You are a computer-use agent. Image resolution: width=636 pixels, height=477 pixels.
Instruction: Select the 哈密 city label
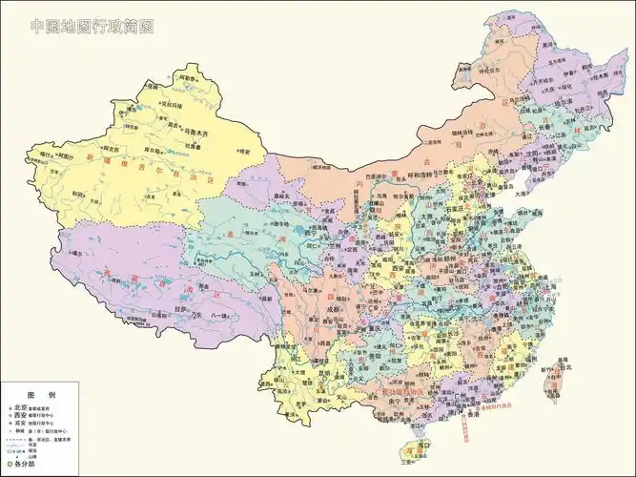click(245, 151)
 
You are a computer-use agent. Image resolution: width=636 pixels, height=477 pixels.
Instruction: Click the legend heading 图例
click(38, 394)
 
